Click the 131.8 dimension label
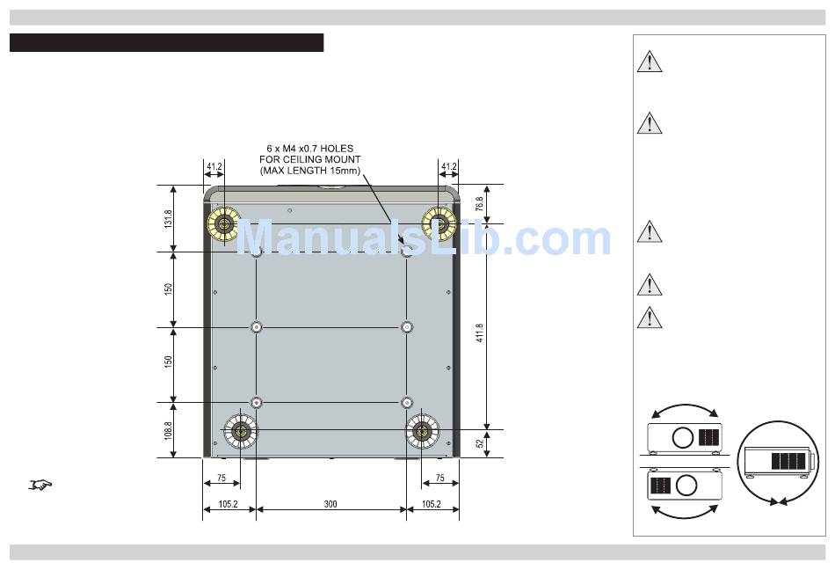click(x=168, y=219)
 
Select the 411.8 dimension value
click(x=480, y=332)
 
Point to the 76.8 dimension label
click(x=479, y=204)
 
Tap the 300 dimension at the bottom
click(x=330, y=504)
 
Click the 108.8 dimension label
click(x=168, y=430)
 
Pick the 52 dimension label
click(x=480, y=443)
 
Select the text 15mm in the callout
click(x=346, y=171)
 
